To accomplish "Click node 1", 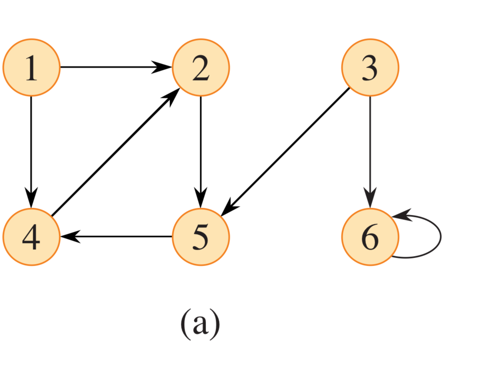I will click(x=31, y=67).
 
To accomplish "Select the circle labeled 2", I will click(x=201, y=67).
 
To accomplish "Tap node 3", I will click(x=370, y=67).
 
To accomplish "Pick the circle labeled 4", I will click(x=31, y=237).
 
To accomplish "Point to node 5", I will click(x=201, y=237).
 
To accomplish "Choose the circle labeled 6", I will click(x=370, y=237).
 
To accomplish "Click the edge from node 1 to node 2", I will click(x=113, y=67).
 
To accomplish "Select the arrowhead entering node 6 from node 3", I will click(x=370, y=198).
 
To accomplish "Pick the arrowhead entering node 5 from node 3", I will click(x=229, y=209).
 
